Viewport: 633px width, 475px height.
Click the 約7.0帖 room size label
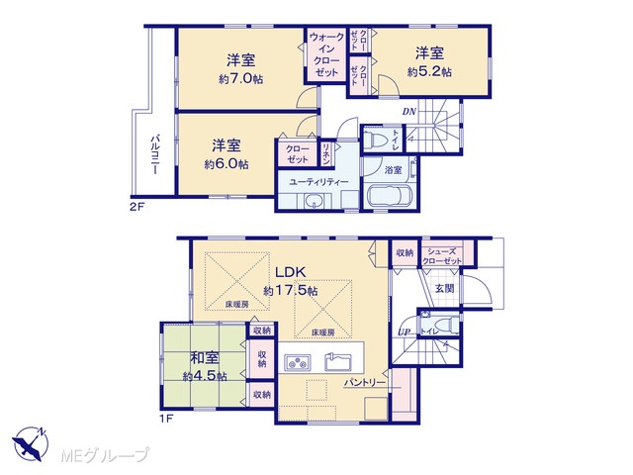click(241, 79)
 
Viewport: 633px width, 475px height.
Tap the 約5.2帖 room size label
click(429, 72)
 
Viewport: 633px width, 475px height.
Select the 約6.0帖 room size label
click(226, 164)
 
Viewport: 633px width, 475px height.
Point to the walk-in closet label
click(326, 54)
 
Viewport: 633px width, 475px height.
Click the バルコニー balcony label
click(155, 154)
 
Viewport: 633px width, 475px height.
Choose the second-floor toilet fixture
click(376, 140)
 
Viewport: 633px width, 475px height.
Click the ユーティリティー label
click(318, 182)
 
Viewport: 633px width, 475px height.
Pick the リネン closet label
click(326, 153)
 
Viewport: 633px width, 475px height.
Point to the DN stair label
click(408, 112)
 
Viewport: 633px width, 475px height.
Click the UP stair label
click(405, 332)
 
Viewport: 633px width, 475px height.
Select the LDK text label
click(290, 272)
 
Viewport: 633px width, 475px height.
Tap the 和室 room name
click(205, 358)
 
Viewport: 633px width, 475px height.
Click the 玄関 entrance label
click(444, 288)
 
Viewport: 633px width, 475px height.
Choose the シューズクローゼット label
click(442, 256)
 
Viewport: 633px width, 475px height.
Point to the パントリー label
click(365, 382)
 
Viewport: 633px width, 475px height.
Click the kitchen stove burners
click(298, 362)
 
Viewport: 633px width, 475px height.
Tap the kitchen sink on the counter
click(338, 362)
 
